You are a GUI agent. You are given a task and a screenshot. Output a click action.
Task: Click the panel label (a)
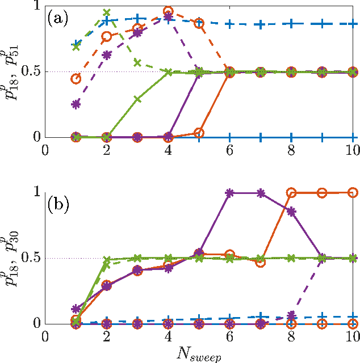click(58, 19)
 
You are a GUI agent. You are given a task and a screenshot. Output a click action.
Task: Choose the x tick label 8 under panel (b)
click(291, 336)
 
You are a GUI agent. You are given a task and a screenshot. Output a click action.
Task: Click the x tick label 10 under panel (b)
click(352, 336)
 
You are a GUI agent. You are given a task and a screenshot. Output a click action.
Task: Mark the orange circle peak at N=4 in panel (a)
click(168, 11)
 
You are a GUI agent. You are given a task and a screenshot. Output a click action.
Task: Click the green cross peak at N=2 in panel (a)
click(107, 12)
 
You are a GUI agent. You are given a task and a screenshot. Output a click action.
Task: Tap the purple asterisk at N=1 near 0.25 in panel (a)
click(76, 104)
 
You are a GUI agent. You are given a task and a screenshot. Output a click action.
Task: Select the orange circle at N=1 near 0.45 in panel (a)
click(76, 78)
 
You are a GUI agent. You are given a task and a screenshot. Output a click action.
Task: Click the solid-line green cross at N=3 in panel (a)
click(137, 99)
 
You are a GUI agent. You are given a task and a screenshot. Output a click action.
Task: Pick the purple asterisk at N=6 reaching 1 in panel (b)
click(229, 193)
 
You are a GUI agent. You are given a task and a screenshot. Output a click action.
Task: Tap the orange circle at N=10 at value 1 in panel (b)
click(352, 193)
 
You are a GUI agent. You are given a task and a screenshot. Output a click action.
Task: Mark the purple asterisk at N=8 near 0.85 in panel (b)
click(291, 212)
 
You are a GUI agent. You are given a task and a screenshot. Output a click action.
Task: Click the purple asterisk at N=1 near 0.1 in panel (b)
click(76, 309)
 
